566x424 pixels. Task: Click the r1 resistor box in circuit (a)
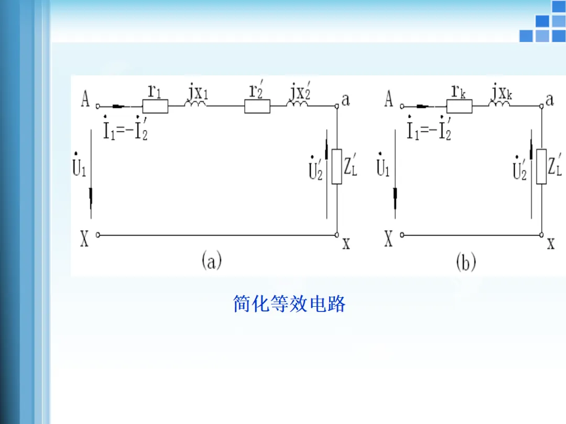coord(156,106)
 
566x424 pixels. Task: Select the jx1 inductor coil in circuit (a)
coord(195,105)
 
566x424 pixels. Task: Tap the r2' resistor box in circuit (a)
coord(257,106)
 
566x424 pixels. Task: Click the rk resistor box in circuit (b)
coord(459,106)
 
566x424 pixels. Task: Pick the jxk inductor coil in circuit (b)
coord(499,105)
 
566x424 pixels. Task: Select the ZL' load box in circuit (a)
coord(336,166)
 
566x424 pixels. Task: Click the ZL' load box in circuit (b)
coord(541,166)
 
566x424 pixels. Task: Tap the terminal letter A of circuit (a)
coord(85,98)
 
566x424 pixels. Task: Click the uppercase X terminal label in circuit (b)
coord(388,239)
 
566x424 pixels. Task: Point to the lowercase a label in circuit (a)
coord(345,99)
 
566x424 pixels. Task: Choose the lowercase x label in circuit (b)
coord(550,243)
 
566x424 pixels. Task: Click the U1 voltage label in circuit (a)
coord(79,165)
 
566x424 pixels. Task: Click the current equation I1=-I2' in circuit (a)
coord(125,129)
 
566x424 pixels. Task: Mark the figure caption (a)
coord(211,261)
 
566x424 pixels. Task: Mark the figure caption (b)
coord(466,262)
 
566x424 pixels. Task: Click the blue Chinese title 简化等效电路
coord(289,304)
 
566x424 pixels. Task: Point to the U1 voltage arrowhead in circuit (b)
coord(397,196)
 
